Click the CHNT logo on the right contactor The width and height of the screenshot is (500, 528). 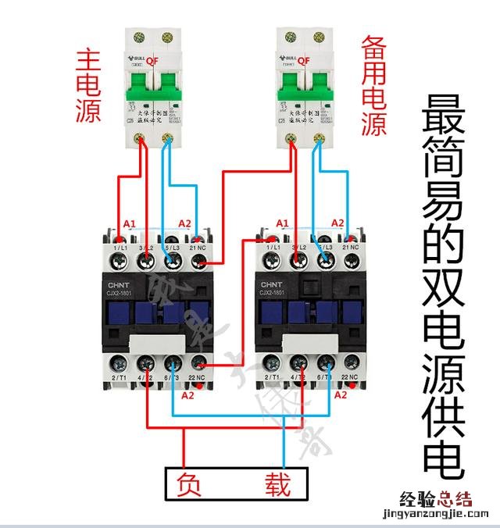[271, 284]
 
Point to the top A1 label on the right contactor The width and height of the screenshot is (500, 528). [284, 223]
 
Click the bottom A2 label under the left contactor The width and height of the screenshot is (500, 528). [187, 396]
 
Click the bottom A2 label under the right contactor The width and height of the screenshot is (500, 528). [341, 396]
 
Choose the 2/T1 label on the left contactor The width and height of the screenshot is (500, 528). [120, 378]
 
